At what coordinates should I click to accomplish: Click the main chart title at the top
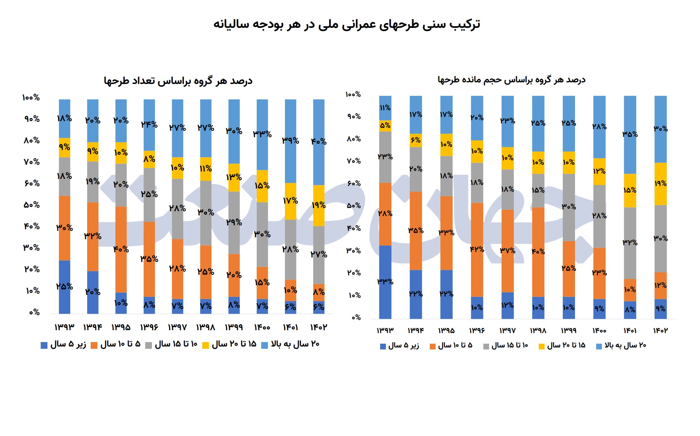[347, 24]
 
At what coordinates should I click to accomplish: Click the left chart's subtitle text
[178, 81]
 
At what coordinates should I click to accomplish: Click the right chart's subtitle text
[512, 80]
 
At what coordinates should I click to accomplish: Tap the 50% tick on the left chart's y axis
[31, 205]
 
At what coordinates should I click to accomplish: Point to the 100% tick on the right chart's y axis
[353, 94]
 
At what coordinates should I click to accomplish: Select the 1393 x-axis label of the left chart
[64, 327]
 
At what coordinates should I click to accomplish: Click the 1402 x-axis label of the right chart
[660, 331]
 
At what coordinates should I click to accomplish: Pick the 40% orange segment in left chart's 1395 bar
[121, 249]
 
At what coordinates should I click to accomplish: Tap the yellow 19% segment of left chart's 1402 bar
[319, 205]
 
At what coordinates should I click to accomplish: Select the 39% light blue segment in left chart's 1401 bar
[290, 141]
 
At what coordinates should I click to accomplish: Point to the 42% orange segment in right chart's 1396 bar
[477, 249]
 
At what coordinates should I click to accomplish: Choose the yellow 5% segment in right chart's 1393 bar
[385, 126]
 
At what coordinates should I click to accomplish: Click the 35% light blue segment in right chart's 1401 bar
[630, 135]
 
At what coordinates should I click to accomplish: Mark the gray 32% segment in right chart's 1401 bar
[630, 243]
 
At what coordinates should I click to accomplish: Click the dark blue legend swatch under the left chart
[44, 345]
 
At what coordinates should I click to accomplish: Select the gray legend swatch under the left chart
[148, 345]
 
